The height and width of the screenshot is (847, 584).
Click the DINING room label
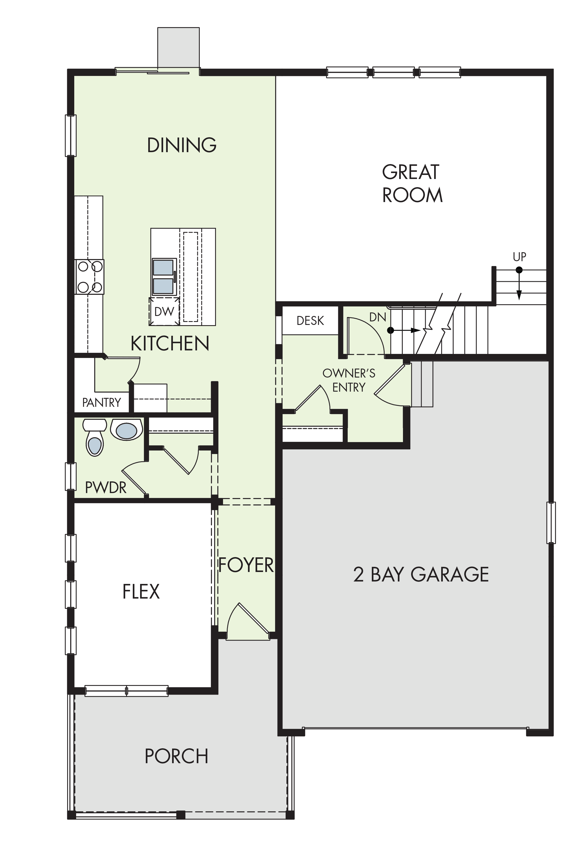pos(182,145)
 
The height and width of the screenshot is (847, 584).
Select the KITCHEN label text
pos(170,343)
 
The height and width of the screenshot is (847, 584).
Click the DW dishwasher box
pos(164,311)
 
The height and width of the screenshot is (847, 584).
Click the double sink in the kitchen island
pos(164,277)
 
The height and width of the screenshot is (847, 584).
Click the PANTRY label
pos(101,402)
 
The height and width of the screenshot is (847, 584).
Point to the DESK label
pos(310,321)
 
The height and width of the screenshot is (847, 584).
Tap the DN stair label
pos(377,317)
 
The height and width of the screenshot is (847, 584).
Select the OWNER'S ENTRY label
pos(349,380)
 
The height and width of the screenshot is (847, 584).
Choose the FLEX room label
pos(141,592)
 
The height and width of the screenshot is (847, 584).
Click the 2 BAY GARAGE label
pos(421,574)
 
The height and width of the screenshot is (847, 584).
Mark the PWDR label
pos(106,487)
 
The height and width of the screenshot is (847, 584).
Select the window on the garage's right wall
pos(551,523)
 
